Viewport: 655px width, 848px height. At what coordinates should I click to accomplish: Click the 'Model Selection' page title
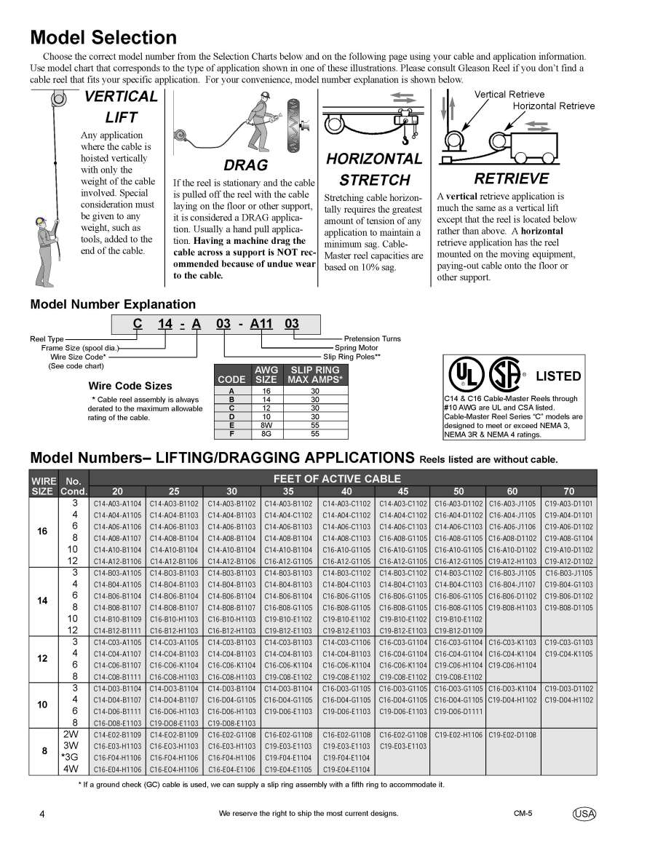point(103,38)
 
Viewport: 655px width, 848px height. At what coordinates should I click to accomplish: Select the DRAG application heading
point(245,165)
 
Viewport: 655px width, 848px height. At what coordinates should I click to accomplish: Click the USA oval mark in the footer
point(584,814)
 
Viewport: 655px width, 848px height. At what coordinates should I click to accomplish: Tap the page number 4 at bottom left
point(42,814)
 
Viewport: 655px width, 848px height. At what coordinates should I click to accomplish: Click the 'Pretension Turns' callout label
point(372,338)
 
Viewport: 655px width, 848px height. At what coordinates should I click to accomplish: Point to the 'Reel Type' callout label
point(47,338)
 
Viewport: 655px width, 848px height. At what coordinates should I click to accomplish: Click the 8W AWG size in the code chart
point(266,424)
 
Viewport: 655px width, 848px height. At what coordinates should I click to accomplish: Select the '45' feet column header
point(402,491)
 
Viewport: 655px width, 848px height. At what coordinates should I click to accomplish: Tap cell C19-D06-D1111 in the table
point(458,710)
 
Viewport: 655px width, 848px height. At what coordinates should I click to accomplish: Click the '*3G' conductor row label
point(71,757)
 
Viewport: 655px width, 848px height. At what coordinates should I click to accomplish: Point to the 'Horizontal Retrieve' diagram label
point(553,106)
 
